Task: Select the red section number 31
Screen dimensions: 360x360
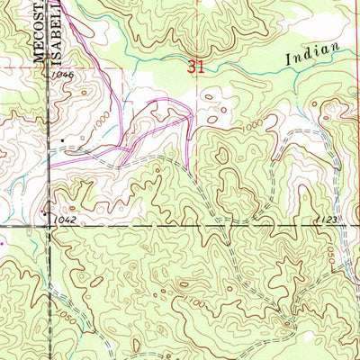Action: coord(196,65)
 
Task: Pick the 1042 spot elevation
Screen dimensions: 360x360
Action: coord(63,219)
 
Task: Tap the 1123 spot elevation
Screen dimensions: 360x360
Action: coord(326,218)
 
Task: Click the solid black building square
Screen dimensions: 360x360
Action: coord(62,141)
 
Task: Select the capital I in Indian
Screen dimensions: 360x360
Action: coord(292,59)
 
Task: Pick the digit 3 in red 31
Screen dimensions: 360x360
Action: coord(193,65)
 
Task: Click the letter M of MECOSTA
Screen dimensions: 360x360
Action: coord(39,57)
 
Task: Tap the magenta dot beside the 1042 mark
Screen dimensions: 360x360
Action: coord(2,241)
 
